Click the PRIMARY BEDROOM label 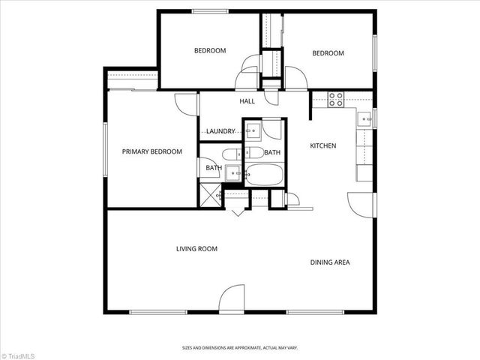tap(152, 151)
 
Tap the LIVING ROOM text tap(196, 249)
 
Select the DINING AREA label tap(331, 262)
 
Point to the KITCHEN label tap(323, 145)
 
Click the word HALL tap(247, 101)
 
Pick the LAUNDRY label tap(221, 131)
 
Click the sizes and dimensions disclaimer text tap(240, 348)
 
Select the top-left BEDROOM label tap(210, 51)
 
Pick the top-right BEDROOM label tap(328, 53)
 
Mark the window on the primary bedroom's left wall tap(106, 149)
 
